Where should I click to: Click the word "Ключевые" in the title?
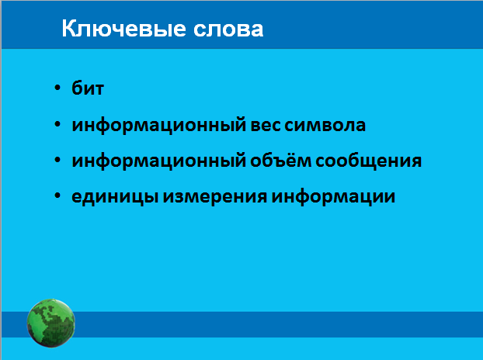pos(123,29)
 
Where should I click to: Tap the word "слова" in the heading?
pos(228,30)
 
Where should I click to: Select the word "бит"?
pos(88,88)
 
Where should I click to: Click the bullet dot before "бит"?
pos(57,88)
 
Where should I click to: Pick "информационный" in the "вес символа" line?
pos(159,126)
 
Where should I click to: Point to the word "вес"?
pos(266,126)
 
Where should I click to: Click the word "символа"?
pos(325,126)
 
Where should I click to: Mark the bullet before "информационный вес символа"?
pos(57,124)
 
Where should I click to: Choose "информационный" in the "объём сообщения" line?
pos(159,161)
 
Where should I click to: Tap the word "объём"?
pos(280,160)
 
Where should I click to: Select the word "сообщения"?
pos(368,161)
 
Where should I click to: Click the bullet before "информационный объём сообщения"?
pos(57,160)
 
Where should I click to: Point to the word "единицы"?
pos(115,197)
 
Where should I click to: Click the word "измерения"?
pos(214,197)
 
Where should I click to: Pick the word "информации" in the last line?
pos(333,197)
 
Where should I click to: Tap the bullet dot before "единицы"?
pos(57,196)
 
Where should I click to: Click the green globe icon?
pos(50,323)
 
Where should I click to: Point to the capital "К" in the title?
pos(70,29)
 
